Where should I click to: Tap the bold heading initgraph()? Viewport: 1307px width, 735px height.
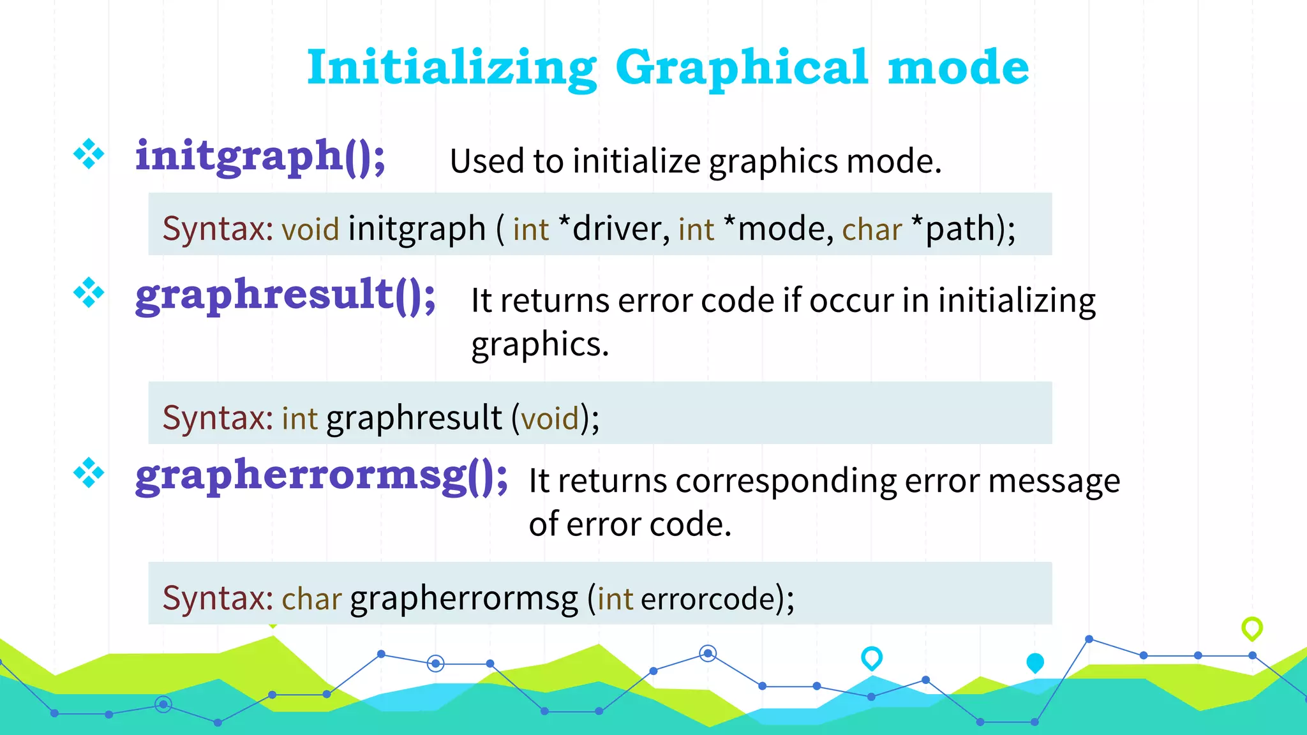[x=260, y=156]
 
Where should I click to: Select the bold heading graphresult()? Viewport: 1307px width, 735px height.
[x=285, y=295]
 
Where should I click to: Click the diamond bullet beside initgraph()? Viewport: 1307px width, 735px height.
[x=89, y=154]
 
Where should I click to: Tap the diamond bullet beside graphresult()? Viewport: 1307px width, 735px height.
[x=89, y=293]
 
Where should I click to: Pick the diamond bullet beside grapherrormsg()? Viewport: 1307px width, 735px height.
[x=89, y=473]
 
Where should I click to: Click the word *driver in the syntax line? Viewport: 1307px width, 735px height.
[x=613, y=228]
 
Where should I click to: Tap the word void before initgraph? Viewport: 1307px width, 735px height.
[x=310, y=229]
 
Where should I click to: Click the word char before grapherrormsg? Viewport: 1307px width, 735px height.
[x=312, y=599]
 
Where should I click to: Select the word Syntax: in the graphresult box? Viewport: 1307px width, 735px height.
[x=218, y=418]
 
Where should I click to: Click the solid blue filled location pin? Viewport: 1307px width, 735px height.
[x=1035, y=663]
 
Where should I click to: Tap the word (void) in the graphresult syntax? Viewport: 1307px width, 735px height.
[x=549, y=419]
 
